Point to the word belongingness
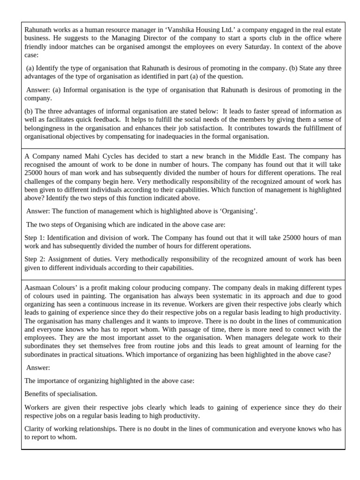(x=45, y=128)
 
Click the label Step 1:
(x=34, y=238)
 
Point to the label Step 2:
(x=34, y=259)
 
